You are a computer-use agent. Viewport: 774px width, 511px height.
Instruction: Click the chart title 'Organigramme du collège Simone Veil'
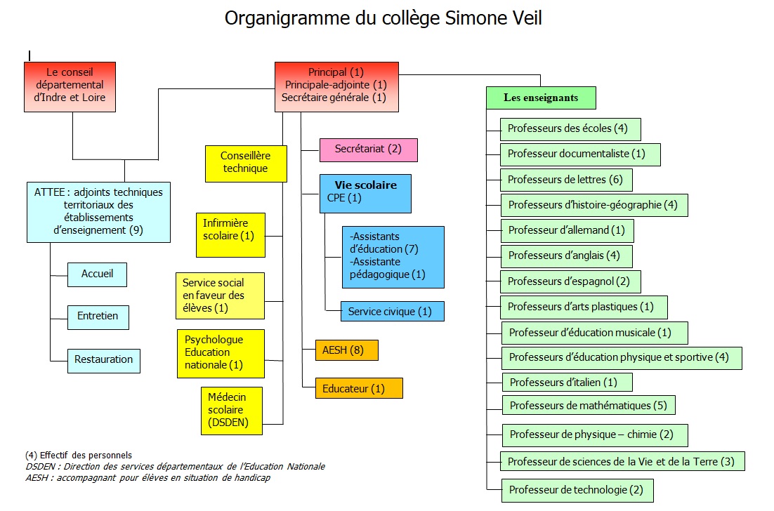coord(383,18)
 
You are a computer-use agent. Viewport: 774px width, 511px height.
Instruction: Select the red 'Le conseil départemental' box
coord(70,87)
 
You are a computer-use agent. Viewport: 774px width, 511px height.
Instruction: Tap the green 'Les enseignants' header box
coord(541,98)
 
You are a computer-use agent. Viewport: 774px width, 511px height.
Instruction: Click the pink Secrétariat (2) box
coord(368,150)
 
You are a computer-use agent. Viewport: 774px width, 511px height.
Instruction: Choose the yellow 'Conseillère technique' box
coord(246,164)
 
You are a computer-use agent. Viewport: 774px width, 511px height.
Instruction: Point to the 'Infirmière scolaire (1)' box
coord(230,234)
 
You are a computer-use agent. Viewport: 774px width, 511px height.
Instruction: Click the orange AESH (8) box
coord(347,350)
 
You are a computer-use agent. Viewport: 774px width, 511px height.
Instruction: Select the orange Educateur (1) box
coord(359,388)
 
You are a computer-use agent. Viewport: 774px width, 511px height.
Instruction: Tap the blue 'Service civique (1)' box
coord(393,311)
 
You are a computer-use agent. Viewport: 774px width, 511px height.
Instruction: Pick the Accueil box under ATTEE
coord(97,274)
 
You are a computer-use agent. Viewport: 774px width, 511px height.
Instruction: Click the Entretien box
coord(98,317)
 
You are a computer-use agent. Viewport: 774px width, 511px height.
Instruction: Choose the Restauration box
coord(104,361)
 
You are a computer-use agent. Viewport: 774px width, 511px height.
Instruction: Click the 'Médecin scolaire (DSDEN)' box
coord(232,411)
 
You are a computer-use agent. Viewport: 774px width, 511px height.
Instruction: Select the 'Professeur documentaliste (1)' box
coord(580,154)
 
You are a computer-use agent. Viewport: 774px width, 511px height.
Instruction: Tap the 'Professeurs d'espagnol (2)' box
coord(570,281)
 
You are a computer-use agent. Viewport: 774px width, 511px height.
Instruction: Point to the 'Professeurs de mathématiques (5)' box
coord(589,406)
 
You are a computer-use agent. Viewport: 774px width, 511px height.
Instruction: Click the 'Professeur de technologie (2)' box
coord(577,491)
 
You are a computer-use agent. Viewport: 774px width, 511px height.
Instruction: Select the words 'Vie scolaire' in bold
coord(366,185)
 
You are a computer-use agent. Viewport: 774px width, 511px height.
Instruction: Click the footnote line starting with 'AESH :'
coord(148,477)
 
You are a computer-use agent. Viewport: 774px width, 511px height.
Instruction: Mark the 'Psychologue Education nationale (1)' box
coord(221,354)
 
